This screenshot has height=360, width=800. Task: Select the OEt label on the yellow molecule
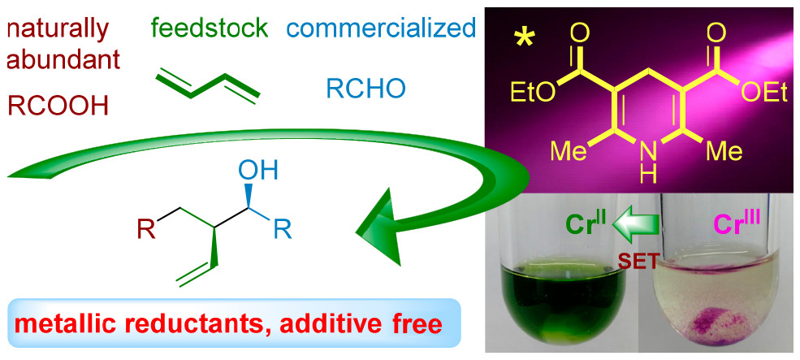(764, 93)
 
